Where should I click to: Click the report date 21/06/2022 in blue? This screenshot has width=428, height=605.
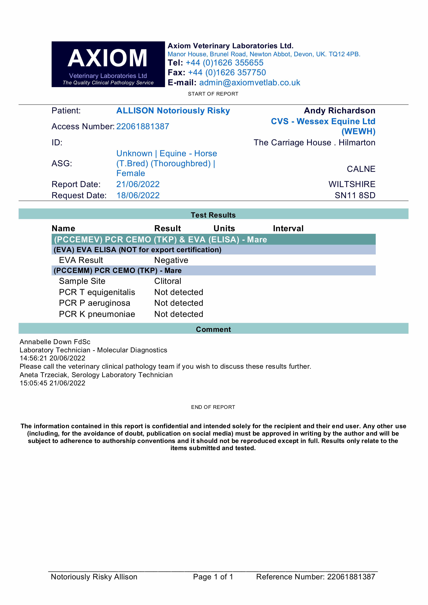tap(138, 184)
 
